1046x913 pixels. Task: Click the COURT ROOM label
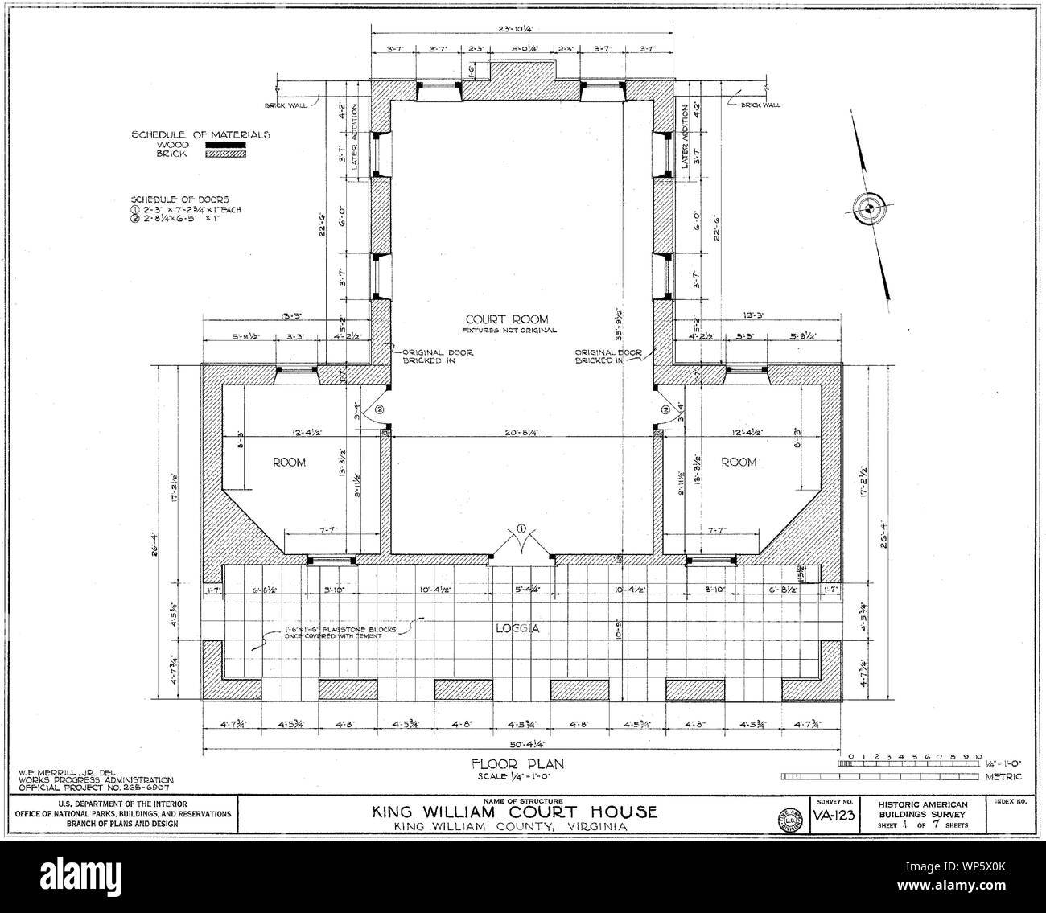508,319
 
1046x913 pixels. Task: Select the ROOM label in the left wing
287,462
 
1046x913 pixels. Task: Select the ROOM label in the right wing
738,462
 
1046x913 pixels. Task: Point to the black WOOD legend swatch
225,145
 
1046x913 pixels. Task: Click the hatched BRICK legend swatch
225,154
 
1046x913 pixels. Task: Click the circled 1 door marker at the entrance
521,528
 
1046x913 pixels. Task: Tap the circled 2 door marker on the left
381,409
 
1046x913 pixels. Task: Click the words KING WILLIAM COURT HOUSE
513,812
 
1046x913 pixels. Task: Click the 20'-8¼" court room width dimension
521,433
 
